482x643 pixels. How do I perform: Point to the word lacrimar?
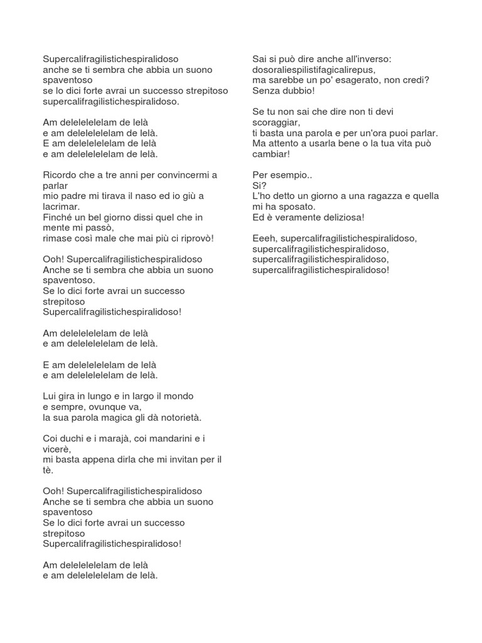tap(60, 207)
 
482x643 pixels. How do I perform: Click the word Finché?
tap(58, 217)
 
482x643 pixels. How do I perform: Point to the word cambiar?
tap(270, 154)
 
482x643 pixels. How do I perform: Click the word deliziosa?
tap(339, 217)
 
